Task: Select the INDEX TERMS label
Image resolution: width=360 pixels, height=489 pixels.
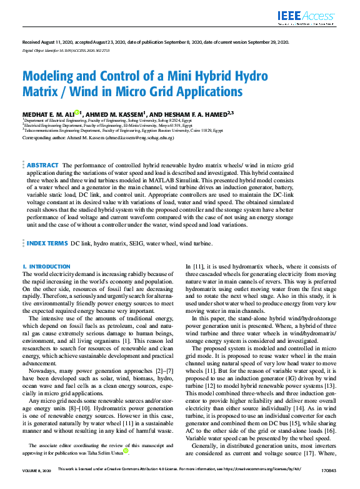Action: click(x=46, y=243)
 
